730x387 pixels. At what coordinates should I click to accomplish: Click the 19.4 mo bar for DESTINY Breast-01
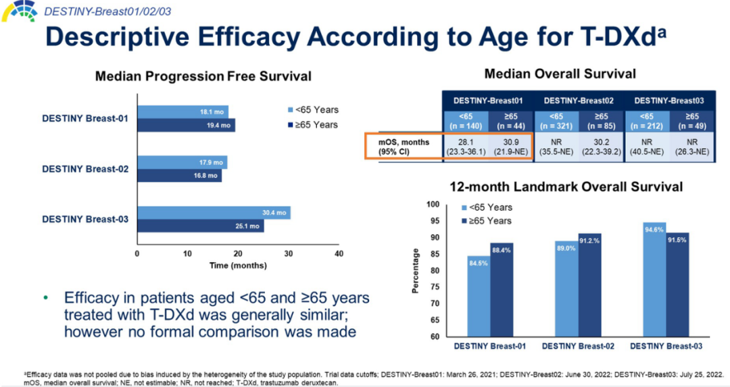[x=186, y=125]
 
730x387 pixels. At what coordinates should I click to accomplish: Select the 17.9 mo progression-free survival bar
[x=182, y=162]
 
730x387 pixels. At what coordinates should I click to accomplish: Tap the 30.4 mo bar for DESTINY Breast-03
[x=214, y=213]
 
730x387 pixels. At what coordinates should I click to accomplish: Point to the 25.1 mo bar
[x=200, y=226]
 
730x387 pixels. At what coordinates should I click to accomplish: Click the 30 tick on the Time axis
[x=289, y=253]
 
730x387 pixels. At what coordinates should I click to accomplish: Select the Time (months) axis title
[x=237, y=265]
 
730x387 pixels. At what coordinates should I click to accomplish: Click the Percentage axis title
[x=416, y=271]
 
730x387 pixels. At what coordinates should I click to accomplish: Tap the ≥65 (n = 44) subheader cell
[x=510, y=120]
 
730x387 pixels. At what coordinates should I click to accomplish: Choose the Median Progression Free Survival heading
[x=203, y=76]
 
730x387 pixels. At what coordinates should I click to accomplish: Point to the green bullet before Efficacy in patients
[x=46, y=298]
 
